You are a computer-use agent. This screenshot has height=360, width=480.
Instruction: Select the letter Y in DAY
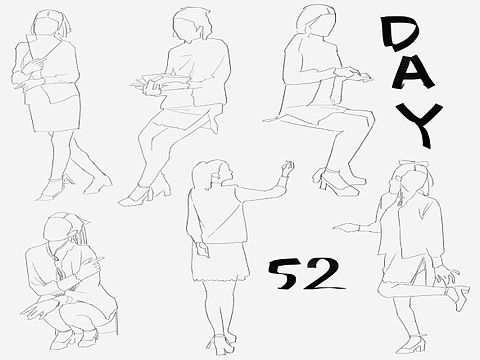(423, 123)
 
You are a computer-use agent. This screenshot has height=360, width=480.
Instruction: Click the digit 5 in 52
(283, 274)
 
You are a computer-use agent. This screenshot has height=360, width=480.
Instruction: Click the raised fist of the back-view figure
(287, 168)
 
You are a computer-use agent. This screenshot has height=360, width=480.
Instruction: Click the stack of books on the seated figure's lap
(163, 83)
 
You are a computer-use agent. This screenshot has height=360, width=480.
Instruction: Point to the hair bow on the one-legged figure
(413, 165)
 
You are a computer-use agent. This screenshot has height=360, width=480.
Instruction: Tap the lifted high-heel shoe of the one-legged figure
(459, 297)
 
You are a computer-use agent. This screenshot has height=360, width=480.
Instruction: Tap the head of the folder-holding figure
(50, 23)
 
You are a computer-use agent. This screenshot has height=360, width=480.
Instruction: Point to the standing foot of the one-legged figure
(411, 346)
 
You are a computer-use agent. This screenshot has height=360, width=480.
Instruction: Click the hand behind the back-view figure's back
(203, 249)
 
